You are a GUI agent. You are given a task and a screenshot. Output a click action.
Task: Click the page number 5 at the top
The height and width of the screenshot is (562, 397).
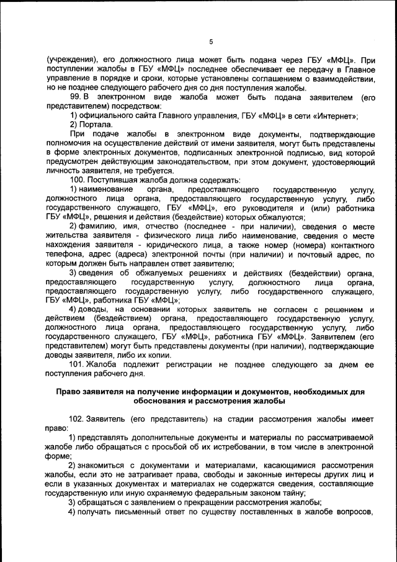pos(211,42)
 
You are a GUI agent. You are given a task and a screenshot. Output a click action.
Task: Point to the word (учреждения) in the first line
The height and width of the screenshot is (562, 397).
pos(70,60)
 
